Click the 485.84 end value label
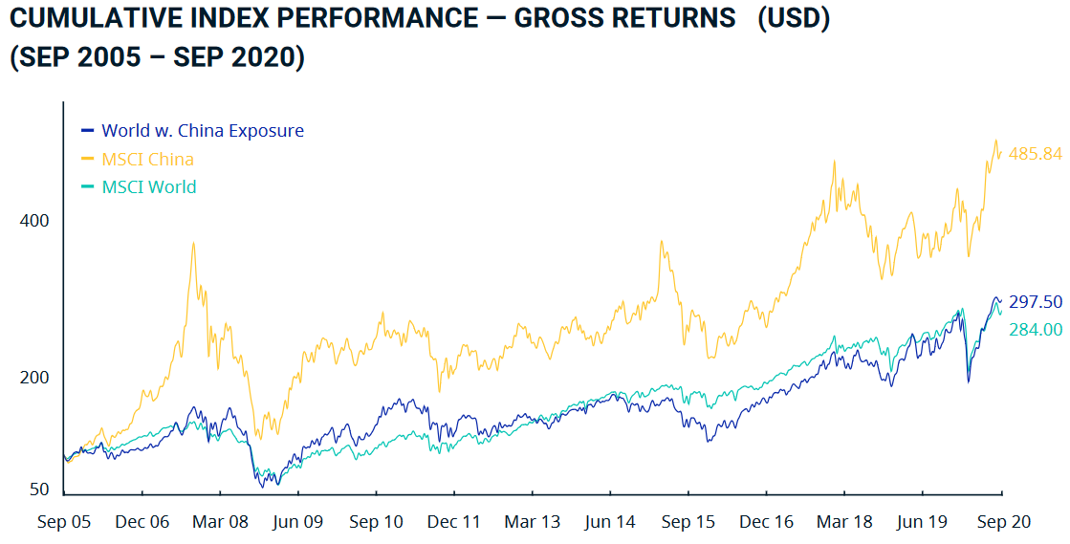(x=1036, y=153)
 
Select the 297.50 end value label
(x=1036, y=302)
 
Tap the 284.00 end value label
(x=1036, y=329)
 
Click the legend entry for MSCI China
(x=147, y=159)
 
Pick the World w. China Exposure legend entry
(x=202, y=131)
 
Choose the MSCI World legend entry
(x=148, y=186)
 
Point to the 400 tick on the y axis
(x=34, y=221)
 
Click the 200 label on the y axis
(x=34, y=378)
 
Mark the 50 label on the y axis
(x=38, y=490)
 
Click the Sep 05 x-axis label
(x=64, y=522)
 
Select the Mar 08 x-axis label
(x=220, y=522)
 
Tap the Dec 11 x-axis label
(x=454, y=522)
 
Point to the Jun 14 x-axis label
(x=610, y=522)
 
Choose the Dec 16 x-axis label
(x=766, y=522)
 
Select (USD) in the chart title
(x=793, y=19)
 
